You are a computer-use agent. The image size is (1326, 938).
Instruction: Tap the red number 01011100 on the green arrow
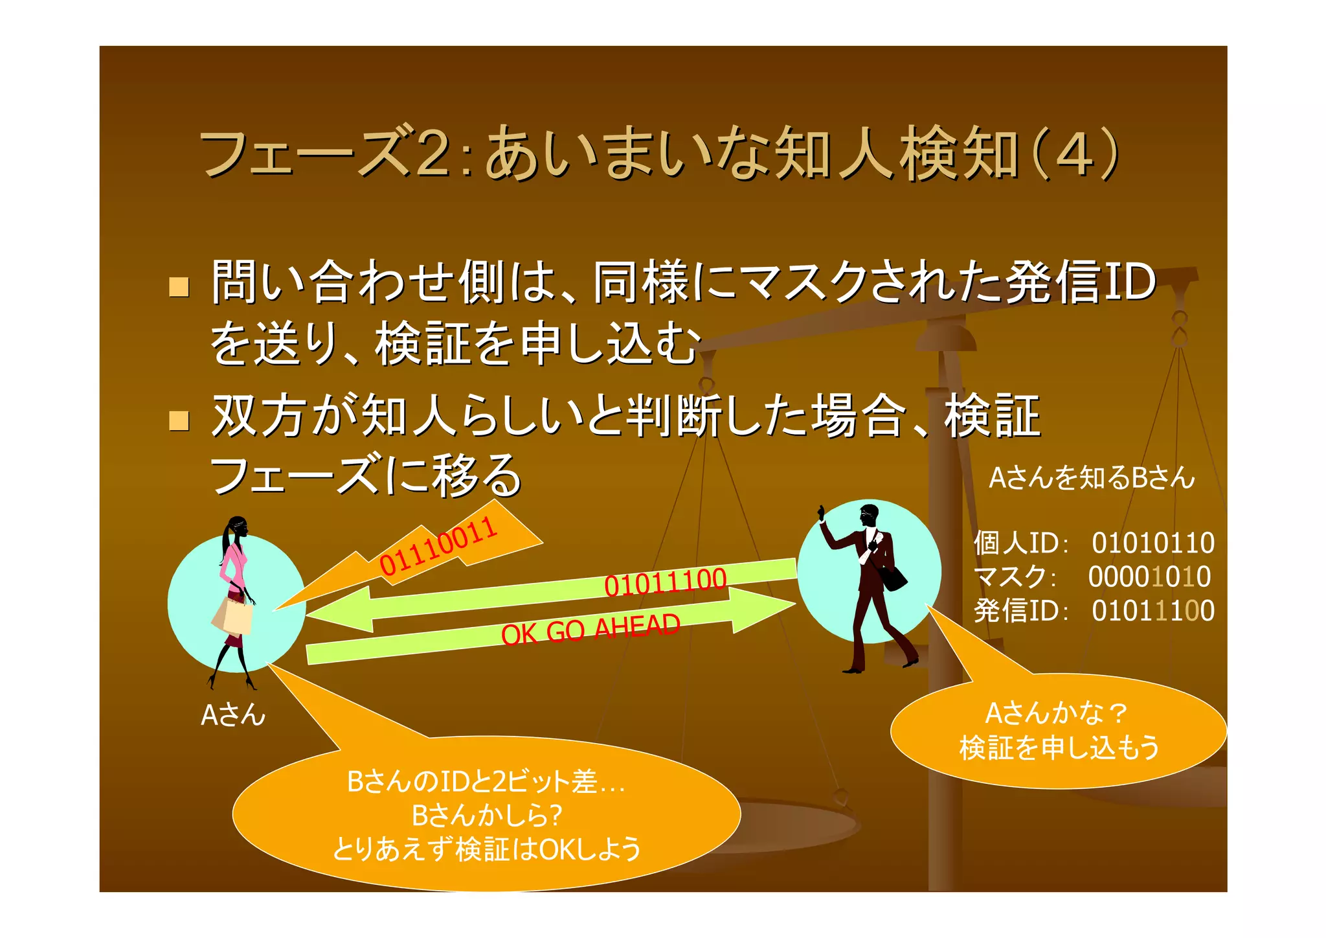click(x=665, y=582)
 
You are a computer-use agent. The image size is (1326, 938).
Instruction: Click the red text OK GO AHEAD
click(x=590, y=629)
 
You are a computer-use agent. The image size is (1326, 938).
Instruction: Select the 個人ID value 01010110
click(x=1152, y=543)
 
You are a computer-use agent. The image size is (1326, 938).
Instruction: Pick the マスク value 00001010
click(x=1149, y=577)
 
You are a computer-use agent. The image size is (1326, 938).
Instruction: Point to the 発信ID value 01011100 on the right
click(x=1152, y=610)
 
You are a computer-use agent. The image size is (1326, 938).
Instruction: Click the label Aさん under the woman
click(x=233, y=715)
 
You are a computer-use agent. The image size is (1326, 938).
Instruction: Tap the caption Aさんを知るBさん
click(x=1092, y=478)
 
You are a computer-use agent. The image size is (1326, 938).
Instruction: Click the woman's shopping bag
click(x=234, y=615)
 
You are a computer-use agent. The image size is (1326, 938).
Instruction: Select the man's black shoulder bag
click(x=894, y=577)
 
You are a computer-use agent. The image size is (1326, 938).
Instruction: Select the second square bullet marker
click(x=179, y=421)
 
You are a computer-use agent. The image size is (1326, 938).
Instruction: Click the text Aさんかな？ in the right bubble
click(x=1056, y=713)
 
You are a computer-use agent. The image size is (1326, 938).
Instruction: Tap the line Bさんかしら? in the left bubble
click(x=487, y=815)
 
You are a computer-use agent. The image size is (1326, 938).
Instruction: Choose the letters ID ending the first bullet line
click(x=1128, y=282)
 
